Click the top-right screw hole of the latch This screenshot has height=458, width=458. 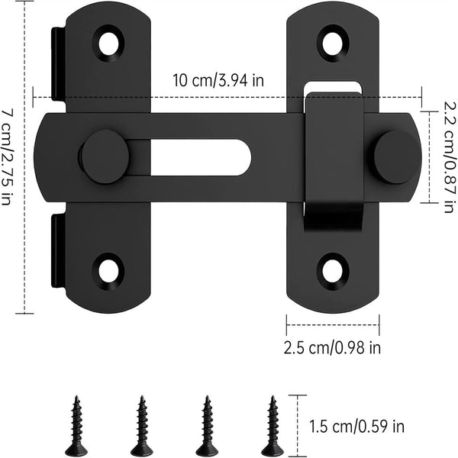(x=332, y=43)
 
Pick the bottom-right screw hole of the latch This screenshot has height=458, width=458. (x=333, y=269)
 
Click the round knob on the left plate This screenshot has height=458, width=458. (x=105, y=156)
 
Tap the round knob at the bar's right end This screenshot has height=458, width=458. (x=396, y=156)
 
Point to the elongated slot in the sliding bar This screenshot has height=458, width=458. (x=200, y=156)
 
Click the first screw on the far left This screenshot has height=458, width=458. (x=76, y=425)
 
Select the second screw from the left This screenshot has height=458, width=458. (x=141, y=425)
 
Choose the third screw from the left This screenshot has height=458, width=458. (x=205, y=425)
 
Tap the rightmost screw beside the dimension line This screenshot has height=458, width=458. (x=270, y=425)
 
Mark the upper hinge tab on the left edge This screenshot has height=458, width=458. (x=58, y=69)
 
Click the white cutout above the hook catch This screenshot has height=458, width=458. (x=334, y=85)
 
